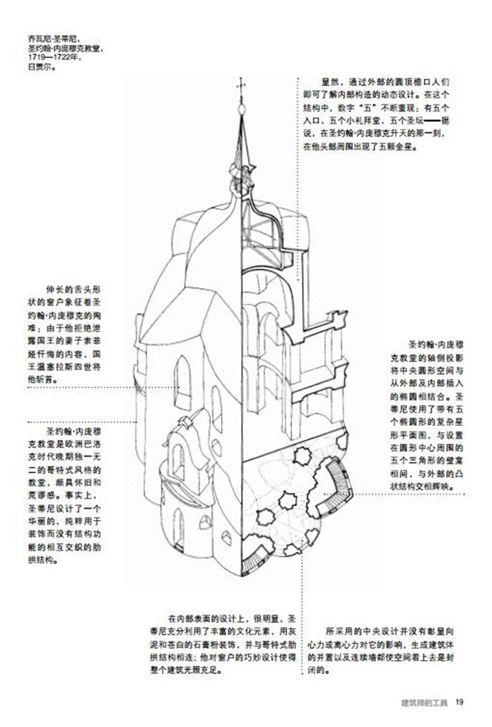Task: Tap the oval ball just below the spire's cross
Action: tap(240, 104)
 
